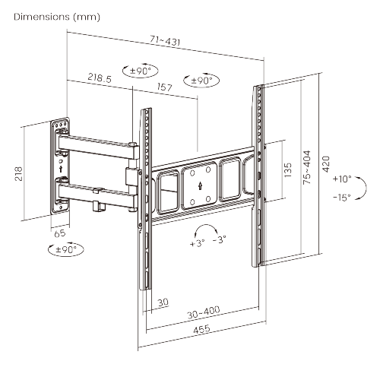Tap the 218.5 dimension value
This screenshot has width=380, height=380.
pos(100,77)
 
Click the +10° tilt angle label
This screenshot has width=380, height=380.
pos(341,179)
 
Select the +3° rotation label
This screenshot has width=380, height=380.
pos(198,245)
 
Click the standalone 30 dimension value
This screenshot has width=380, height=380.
pos(163,303)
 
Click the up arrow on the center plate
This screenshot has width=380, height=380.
pos(198,183)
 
